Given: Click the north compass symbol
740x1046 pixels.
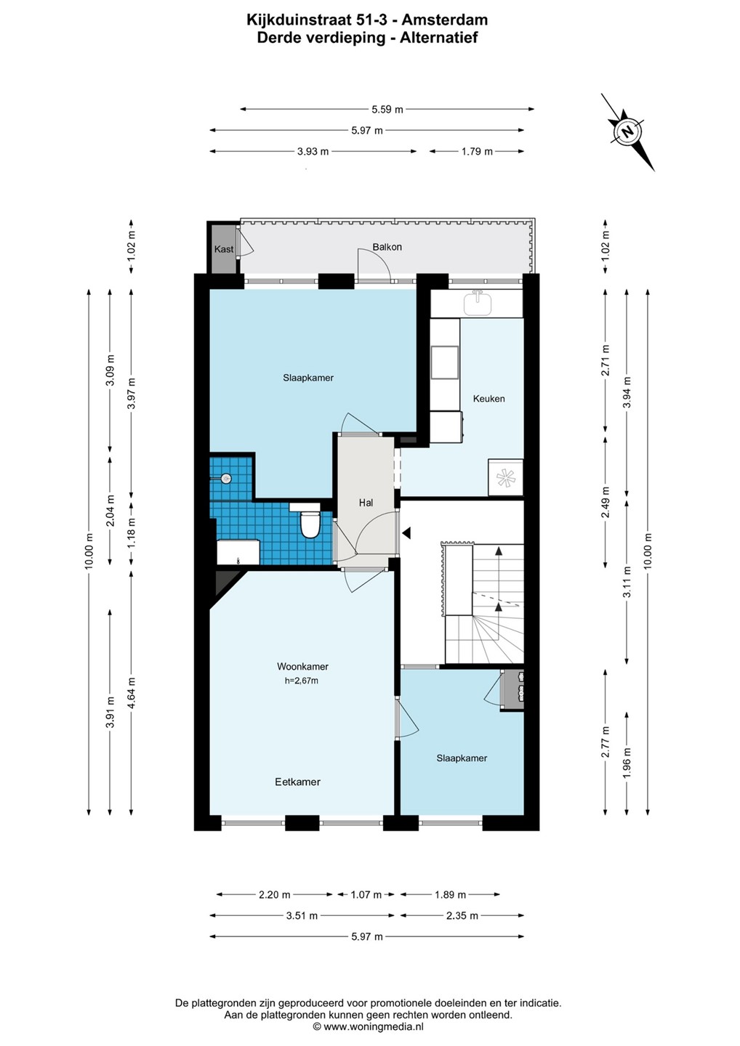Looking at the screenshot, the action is [x=627, y=131].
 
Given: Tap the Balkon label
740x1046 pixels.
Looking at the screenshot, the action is [x=387, y=246].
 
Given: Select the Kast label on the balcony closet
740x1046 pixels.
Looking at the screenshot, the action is [x=224, y=249].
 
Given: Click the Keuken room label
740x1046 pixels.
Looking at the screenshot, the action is [x=488, y=398].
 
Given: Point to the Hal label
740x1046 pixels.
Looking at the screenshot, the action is [x=366, y=503].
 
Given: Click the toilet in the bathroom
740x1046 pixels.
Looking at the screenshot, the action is [x=309, y=524].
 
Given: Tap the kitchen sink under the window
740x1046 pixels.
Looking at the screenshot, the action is [x=478, y=302].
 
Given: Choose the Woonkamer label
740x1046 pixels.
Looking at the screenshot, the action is [x=302, y=666].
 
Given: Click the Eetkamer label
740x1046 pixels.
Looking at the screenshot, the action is [x=297, y=782].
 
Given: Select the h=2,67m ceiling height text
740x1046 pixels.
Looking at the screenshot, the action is [x=302, y=681].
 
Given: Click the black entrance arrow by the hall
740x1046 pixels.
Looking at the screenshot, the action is [x=406, y=533].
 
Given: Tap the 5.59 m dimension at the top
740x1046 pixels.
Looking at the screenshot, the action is [x=387, y=110].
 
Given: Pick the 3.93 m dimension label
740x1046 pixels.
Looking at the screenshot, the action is [x=313, y=151].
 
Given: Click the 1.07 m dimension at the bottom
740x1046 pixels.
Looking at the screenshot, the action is [x=366, y=894].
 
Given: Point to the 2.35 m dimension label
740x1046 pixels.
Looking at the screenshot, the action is [x=462, y=915].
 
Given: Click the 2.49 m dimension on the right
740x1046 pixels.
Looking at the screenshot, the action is [x=606, y=502].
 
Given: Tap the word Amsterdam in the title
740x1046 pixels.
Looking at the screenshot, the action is [x=445, y=20].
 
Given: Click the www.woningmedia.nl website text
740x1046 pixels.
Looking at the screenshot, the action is [x=374, y=1026].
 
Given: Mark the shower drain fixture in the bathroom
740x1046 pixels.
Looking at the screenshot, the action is [x=226, y=478].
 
